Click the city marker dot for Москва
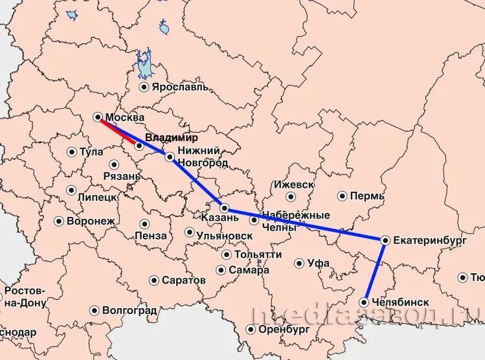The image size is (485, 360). [97, 117]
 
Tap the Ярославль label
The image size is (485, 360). [181, 87]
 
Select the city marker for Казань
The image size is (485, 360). [224, 208]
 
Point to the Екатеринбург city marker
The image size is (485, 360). [385, 240]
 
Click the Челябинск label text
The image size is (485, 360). [401, 302]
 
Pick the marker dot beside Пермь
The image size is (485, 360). [342, 196]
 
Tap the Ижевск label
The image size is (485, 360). [293, 185]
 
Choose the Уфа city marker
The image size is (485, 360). [299, 264]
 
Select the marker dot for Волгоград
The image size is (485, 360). [94, 311]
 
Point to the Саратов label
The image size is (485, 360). [184, 280]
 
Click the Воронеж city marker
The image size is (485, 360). [58, 221]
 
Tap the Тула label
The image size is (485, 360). [91, 152]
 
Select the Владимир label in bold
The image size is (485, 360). [172, 138]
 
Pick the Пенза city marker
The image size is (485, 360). [144, 224]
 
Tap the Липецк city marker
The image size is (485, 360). [71, 190]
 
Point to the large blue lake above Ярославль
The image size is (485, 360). [144, 65]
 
